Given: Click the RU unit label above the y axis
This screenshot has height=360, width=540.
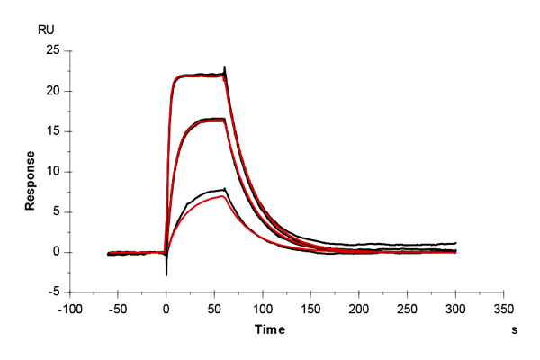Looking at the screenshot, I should pyautogui.click(x=46, y=29).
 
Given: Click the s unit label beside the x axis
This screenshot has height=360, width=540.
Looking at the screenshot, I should pyautogui.click(x=515, y=330).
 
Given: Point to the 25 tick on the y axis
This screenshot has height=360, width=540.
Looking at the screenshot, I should pyautogui.click(x=53, y=50).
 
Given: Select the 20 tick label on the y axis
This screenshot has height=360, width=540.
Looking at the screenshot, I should pyautogui.click(x=53, y=91).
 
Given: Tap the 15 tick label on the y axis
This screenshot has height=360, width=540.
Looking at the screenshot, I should pyautogui.click(x=53, y=131).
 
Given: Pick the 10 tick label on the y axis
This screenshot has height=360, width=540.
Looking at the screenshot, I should pyautogui.click(x=53, y=172).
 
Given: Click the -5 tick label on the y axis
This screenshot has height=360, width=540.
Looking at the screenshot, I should pyautogui.click(x=54, y=292).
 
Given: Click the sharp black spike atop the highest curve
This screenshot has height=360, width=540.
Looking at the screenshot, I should pyautogui.click(x=225, y=67).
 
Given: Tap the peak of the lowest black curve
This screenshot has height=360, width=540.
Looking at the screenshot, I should pyautogui.click(x=223, y=188).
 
